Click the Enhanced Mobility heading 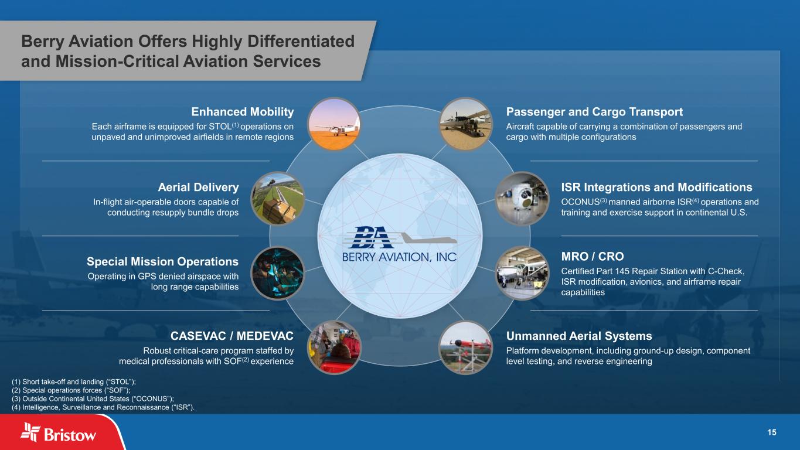click(x=243, y=112)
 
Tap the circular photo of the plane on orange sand click(x=334, y=124)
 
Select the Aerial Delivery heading click(x=198, y=187)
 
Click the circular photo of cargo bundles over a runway click(x=277, y=198)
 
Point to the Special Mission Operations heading click(x=162, y=261)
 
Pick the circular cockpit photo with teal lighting click(x=277, y=273)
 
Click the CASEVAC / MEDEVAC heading click(x=232, y=336)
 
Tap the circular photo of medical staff click(x=334, y=347)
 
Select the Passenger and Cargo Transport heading click(x=594, y=112)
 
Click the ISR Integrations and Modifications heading click(x=656, y=187)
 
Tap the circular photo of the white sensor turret click(x=522, y=198)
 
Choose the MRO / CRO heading click(x=592, y=257)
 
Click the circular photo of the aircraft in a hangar click(x=522, y=273)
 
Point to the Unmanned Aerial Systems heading click(x=579, y=336)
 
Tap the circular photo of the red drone click(x=465, y=347)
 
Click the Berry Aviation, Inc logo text click(x=399, y=257)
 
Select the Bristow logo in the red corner click(x=58, y=432)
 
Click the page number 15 click(x=771, y=432)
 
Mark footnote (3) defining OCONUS click(x=93, y=398)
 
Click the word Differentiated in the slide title click(x=301, y=41)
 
